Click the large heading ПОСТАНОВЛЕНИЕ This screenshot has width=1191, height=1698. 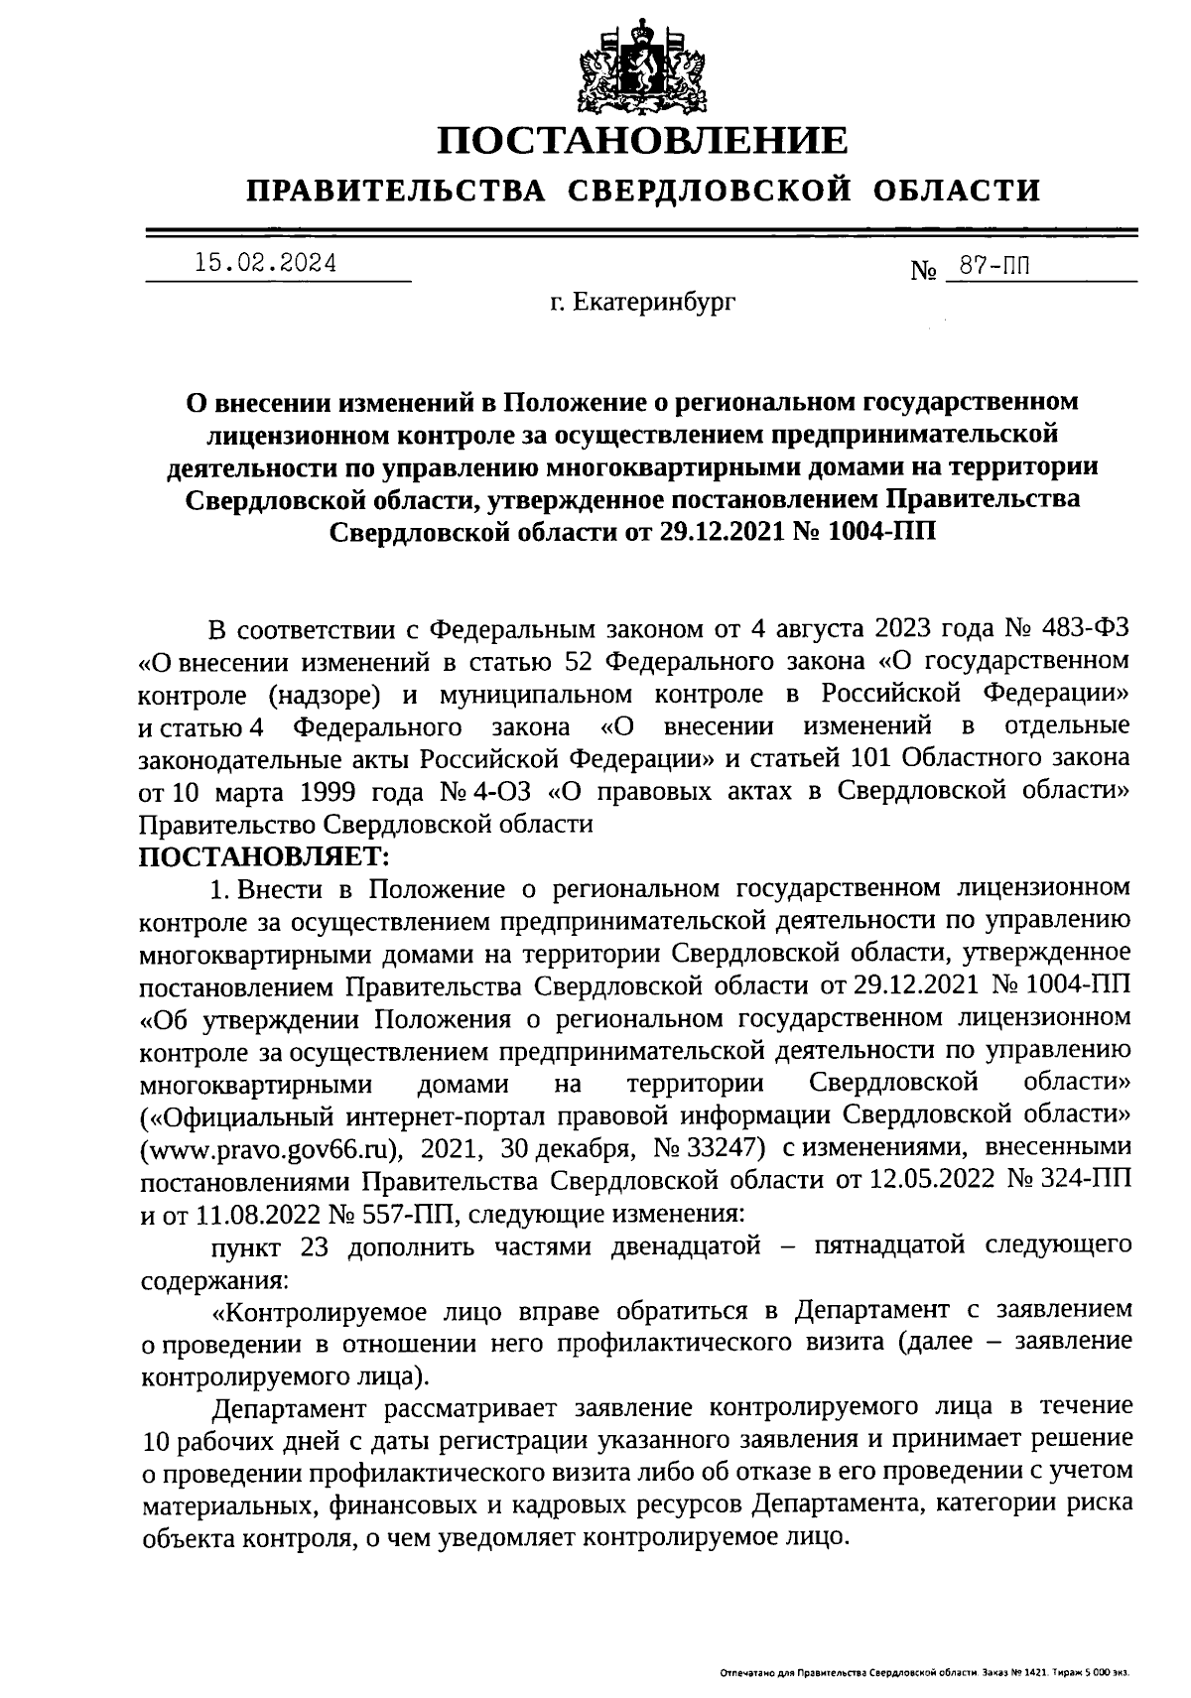click(644, 141)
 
